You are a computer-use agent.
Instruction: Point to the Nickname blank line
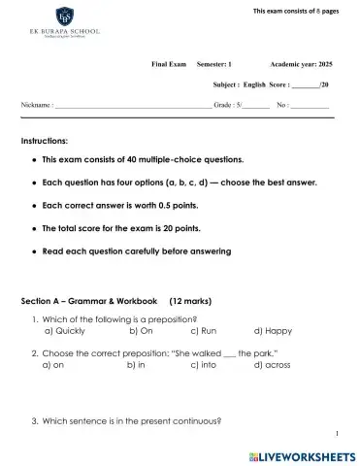pyautogui.click(x=132, y=104)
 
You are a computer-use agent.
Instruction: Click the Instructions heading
pyautogui.click(x=45, y=141)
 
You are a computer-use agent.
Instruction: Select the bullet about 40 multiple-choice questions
pyautogui.click(x=144, y=159)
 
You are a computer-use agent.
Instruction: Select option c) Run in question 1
pyautogui.click(x=204, y=330)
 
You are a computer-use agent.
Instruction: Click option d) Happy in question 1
pyautogui.click(x=273, y=330)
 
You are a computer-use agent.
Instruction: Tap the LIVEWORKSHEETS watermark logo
pyautogui.click(x=304, y=454)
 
